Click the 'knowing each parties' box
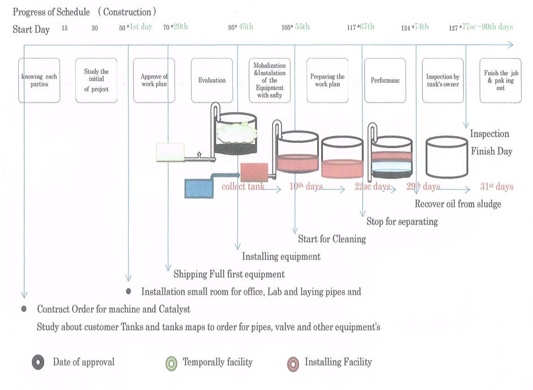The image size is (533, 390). click(x=39, y=80)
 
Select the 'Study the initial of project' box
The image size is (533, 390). click(x=96, y=80)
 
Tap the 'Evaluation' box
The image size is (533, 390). click(x=212, y=80)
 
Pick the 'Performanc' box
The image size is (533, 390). click(x=385, y=80)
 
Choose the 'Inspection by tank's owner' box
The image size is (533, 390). click(x=443, y=80)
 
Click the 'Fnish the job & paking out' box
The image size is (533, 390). click(x=500, y=80)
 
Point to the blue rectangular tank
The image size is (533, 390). click(x=199, y=187)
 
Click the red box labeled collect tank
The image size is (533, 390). click(x=254, y=171)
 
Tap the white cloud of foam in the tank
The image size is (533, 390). click(x=236, y=132)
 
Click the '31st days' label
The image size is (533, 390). click(x=496, y=186)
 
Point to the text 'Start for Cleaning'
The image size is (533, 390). click(x=332, y=239)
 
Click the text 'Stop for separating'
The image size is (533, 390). click(x=402, y=221)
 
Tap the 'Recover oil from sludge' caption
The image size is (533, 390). click(x=458, y=204)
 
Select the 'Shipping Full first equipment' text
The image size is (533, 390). click(x=229, y=274)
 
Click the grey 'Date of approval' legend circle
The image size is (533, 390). click(x=39, y=362)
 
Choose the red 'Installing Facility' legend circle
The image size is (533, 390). click(x=292, y=362)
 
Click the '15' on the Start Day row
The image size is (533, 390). click(x=65, y=28)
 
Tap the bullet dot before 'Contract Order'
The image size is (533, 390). click(x=24, y=309)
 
